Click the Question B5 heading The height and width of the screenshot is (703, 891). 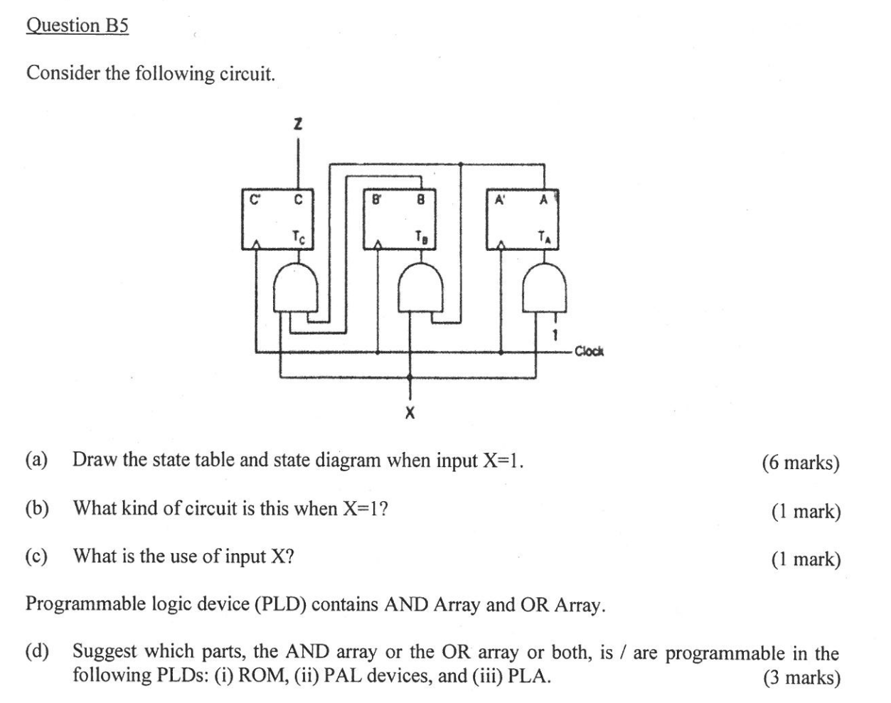[x=78, y=26]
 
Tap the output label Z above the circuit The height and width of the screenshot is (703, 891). [x=298, y=125]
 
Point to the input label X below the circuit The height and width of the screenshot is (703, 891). [x=410, y=412]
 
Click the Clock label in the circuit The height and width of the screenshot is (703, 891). [x=588, y=350]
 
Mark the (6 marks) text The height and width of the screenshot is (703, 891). [x=801, y=463]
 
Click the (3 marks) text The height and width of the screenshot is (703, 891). [x=801, y=677]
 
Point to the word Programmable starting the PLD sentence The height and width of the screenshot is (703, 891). [x=85, y=605]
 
